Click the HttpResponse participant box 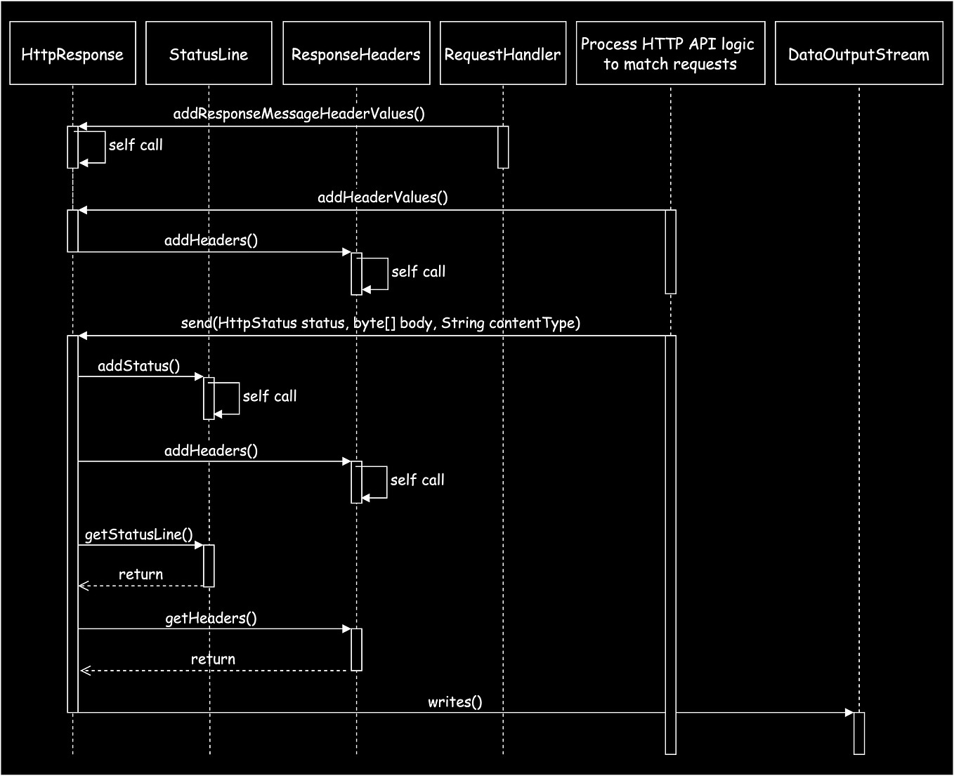[x=72, y=53]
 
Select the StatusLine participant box [x=209, y=53]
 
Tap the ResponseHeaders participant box [x=356, y=53]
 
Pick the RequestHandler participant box [x=503, y=53]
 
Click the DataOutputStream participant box [x=858, y=53]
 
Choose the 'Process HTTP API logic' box [x=670, y=53]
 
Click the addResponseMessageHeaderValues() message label [x=299, y=114]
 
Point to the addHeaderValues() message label [x=382, y=197]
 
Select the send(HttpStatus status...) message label [x=380, y=323]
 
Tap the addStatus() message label [x=138, y=366]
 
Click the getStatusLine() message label [x=138, y=534]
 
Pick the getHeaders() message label [x=211, y=618]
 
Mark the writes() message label [x=455, y=702]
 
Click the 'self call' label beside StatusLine [x=270, y=397]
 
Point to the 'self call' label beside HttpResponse [x=136, y=145]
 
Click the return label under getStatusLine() [x=141, y=574]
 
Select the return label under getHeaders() [x=213, y=659]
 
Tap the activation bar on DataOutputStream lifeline [x=858, y=733]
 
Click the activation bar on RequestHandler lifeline [x=503, y=147]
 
